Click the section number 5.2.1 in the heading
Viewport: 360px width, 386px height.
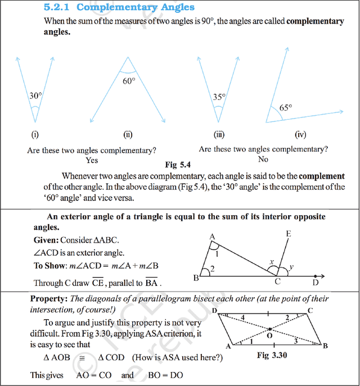coord(58,7)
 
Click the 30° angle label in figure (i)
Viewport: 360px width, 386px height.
coord(35,96)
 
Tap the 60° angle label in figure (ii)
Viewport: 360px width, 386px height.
coord(129,81)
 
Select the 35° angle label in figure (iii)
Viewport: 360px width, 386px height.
coord(219,97)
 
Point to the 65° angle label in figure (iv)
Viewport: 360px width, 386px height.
coord(286,108)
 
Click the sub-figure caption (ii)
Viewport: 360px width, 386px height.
coord(128,135)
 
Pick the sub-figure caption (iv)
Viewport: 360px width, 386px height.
coord(300,135)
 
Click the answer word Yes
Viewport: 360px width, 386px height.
coord(92,160)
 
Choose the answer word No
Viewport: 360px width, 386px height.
coord(263,159)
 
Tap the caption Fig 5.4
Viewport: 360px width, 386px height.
coord(178,165)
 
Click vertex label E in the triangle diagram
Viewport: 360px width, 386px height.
coord(289,234)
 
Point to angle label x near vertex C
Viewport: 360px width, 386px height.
coord(271,262)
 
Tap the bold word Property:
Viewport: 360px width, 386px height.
coord(49,298)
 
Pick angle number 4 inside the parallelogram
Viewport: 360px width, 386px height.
coord(242,319)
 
